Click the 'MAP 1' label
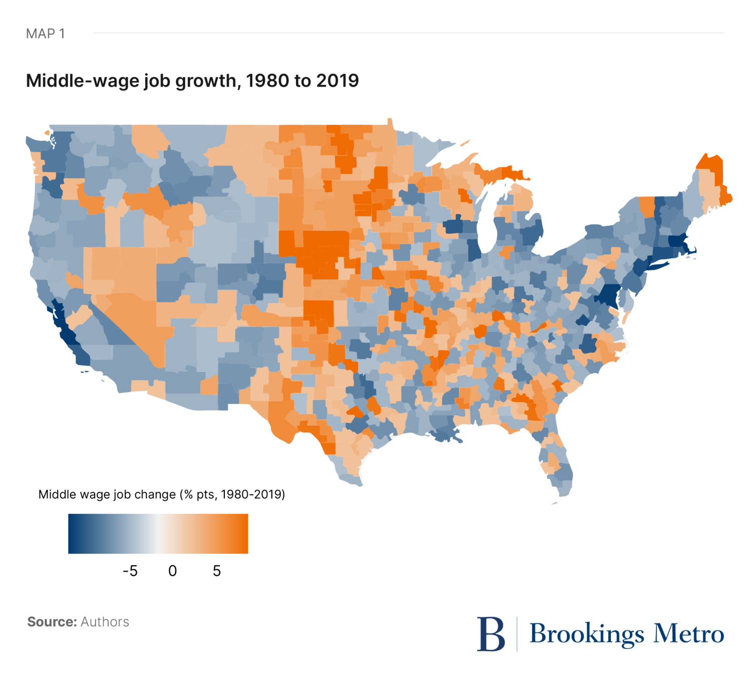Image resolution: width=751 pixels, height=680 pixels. tap(45, 34)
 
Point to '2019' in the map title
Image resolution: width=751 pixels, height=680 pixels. tap(337, 81)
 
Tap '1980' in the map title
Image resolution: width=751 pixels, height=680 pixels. tap(268, 81)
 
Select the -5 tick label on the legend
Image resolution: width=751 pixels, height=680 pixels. tap(130, 571)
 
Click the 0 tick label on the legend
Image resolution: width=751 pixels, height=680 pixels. tap(172, 571)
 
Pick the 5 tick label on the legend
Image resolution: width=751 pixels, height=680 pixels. tap(216, 571)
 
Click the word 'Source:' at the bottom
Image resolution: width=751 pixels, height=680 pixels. tap(52, 622)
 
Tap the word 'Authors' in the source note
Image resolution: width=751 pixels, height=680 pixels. tap(105, 622)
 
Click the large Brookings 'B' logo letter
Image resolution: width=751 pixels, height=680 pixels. tap(491, 633)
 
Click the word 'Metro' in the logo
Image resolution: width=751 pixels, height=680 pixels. tap(688, 634)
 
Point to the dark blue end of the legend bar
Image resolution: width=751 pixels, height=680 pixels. tap(75, 534)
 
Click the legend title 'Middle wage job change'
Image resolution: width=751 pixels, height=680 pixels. tap(107, 495)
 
